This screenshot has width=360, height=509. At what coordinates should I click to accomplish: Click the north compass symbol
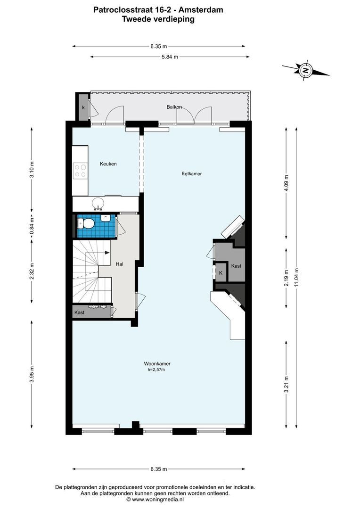pos(305,70)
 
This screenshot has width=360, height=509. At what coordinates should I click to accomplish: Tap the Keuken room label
pos(108,164)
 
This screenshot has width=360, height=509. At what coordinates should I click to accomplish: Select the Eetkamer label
pos(191,173)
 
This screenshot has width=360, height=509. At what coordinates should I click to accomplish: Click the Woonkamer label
pos(157,364)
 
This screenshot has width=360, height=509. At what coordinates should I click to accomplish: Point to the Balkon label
pos(174,107)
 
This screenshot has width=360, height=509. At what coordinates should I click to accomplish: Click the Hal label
pos(120,264)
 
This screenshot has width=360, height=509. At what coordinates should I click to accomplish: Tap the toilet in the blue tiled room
pos(86,223)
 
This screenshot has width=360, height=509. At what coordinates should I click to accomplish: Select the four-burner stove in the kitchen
pos(80,171)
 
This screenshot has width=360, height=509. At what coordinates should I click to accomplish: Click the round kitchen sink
pos(98,204)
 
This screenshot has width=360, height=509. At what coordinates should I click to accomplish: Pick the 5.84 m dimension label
pos(170,57)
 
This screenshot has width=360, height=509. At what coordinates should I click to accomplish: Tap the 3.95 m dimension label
pos(32,374)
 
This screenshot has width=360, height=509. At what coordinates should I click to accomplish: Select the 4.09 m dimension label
pos(286,183)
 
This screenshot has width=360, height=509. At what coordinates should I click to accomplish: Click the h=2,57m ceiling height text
pos(156,369)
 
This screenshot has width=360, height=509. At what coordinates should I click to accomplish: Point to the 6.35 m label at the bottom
pos(159,469)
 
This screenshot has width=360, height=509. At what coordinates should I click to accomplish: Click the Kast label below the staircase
pos(79,312)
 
